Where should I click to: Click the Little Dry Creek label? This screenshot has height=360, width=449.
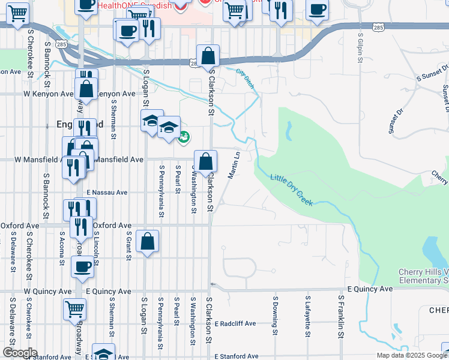pyautogui.click(x=292, y=191)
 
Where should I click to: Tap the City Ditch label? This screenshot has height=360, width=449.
pyautogui.click(x=245, y=79)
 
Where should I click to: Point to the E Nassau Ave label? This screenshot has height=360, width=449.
pyautogui.click(x=107, y=193)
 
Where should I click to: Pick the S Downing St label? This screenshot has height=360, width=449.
pyautogui.click(x=275, y=314)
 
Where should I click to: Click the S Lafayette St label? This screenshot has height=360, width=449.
pyautogui.click(x=307, y=314)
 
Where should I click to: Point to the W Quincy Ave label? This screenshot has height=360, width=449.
pyautogui.click(x=43, y=290)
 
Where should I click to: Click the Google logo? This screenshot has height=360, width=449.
pyautogui.click(x=19, y=353)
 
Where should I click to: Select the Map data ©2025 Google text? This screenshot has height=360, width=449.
pyautogui.click(x=412, y=355)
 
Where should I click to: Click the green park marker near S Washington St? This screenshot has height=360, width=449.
pyautogui.click(x=184, y=137)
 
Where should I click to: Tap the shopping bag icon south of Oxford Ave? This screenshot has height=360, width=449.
pyautogui.click(x=148, y=242)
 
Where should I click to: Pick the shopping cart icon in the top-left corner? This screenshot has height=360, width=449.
pyautogui.click(x=17, y=13)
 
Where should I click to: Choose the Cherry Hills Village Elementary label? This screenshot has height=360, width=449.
pyautogui.click(x=423, y=276)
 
